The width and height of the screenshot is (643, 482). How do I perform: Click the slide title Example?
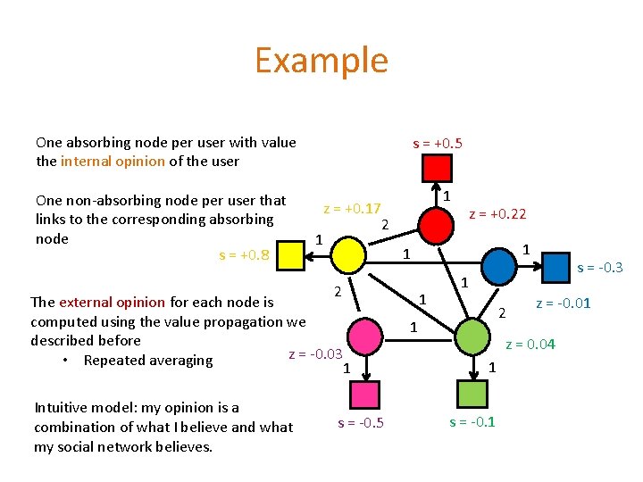coord(321,61)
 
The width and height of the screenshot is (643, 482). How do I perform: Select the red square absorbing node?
coord(437,167)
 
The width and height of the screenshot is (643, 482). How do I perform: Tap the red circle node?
coord(437,225)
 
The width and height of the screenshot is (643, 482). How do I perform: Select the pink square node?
coord(364,394)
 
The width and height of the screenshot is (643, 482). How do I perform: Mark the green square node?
coord(471,394)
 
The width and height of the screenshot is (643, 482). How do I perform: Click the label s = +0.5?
coord(437,143)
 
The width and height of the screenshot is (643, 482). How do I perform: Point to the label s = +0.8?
coord(245,256)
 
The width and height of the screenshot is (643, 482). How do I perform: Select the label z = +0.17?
coord(352,209)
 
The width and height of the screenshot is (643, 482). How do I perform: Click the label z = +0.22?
coord(497,213)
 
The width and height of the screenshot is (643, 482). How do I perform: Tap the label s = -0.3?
coord(599,268)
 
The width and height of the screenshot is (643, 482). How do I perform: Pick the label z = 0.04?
coord(530,344)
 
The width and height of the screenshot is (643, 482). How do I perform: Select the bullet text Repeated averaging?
coord(148,361)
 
